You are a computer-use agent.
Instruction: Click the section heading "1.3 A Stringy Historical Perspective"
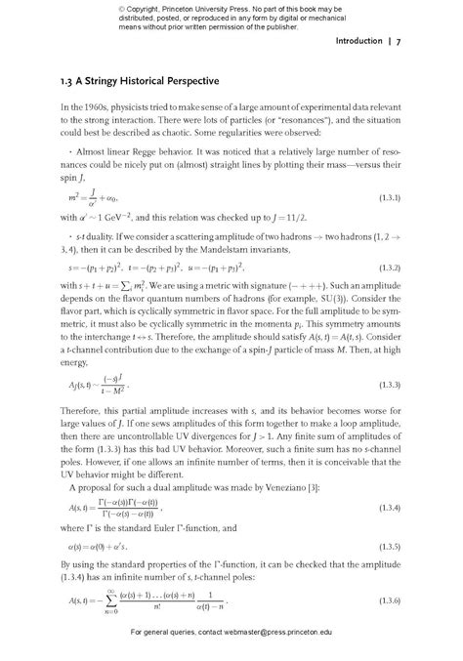point(139,78)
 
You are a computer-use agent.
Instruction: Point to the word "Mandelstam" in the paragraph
point(243,248)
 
